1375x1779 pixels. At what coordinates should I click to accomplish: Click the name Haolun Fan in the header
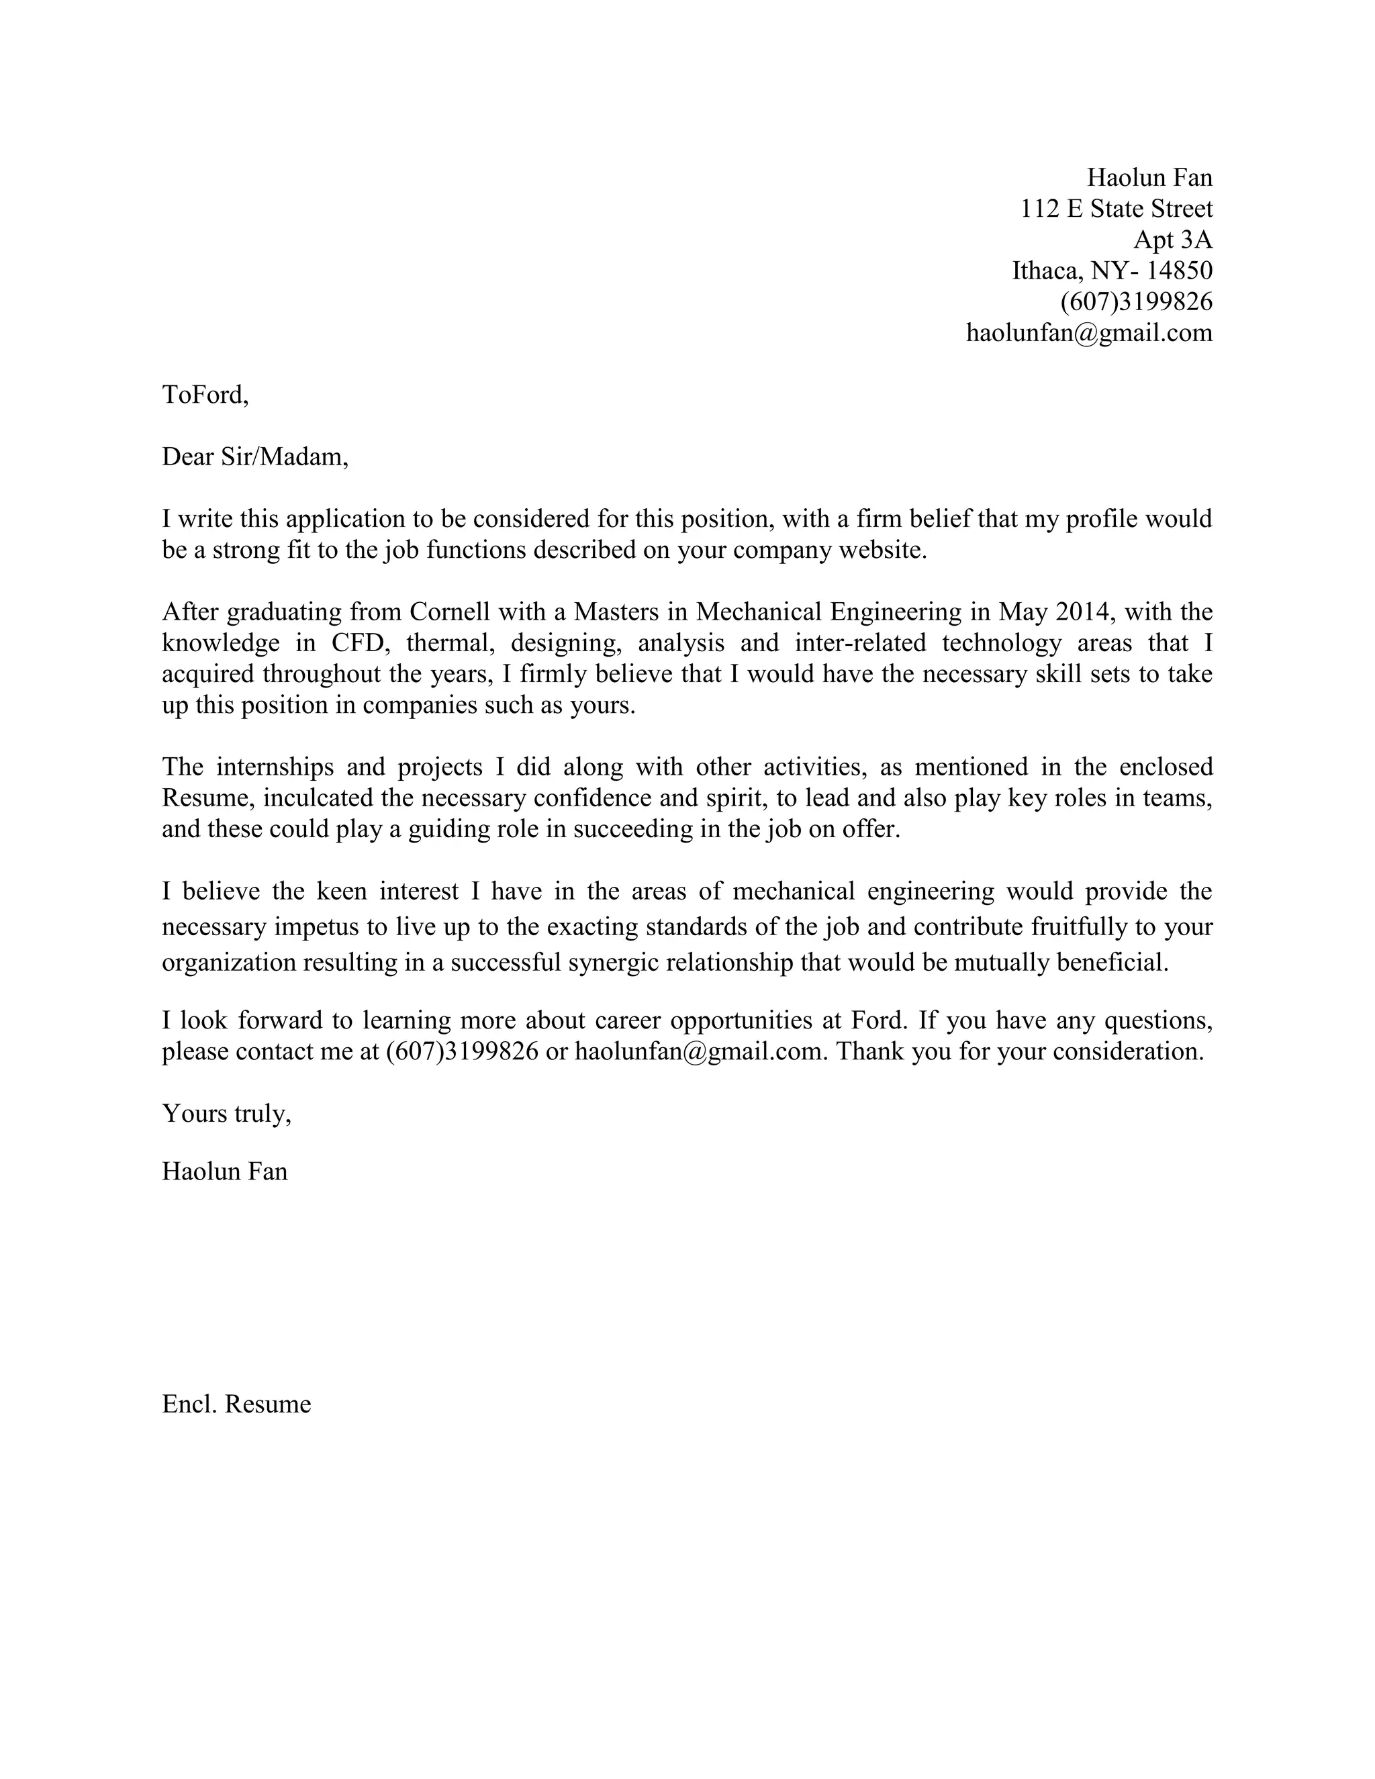(x=1149, y=178)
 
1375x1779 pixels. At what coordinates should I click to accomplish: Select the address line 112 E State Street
(x=1116, y=209)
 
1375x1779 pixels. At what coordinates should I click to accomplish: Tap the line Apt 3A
(x=1172, y=240)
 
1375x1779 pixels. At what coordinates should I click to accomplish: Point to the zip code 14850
(x=1179, y=271)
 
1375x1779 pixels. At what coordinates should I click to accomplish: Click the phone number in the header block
(x=1135, y=301)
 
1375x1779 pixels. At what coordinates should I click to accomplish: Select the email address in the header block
(x=1088, y=332)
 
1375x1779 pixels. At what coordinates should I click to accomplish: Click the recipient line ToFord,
(x=205, y=394)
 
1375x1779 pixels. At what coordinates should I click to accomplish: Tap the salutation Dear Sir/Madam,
(x=255, y=457)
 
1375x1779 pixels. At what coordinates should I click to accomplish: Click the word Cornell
(x=450, y=611)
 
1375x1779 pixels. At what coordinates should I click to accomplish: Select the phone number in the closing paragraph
(x=462, y=1051)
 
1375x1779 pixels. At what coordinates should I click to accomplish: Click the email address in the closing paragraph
(x=700, y=1051)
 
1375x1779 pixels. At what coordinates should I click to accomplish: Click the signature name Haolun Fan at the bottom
(x=225, y=1171)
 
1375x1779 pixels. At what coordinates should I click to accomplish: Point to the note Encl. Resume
(x=236, y=1404)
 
